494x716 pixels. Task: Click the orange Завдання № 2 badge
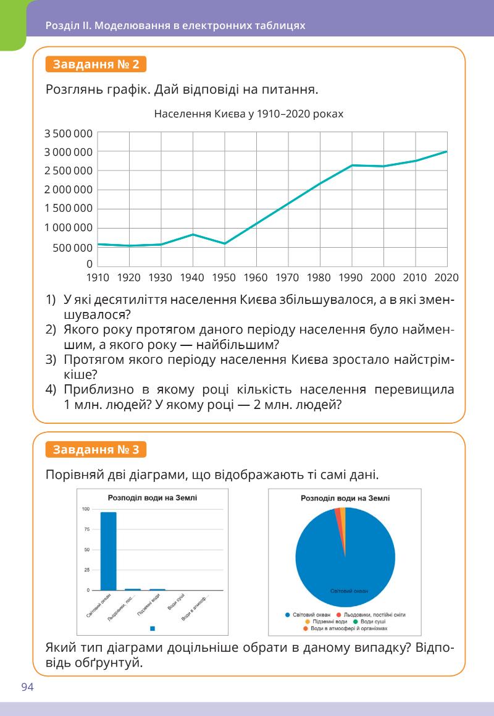coord(96,64)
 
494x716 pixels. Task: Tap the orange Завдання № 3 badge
coord(96,449)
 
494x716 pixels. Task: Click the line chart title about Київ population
coord(248,114)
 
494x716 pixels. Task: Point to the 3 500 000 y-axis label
coord(68,133)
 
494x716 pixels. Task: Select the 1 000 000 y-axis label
coord(68,228)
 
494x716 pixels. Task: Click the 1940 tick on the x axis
coord(193,277)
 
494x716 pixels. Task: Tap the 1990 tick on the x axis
coord(351,277)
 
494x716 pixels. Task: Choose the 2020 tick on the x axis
coord(446,277)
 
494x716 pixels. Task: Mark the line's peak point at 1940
coord(193,235)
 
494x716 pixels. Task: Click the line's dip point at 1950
coord(225,243)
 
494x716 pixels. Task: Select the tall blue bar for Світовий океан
coord(109,551)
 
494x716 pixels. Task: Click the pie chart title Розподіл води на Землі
coord(345,498)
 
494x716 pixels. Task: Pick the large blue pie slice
coord(346,568)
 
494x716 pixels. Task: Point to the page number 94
coord(27,688)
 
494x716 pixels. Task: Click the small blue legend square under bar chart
coord(153,628)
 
